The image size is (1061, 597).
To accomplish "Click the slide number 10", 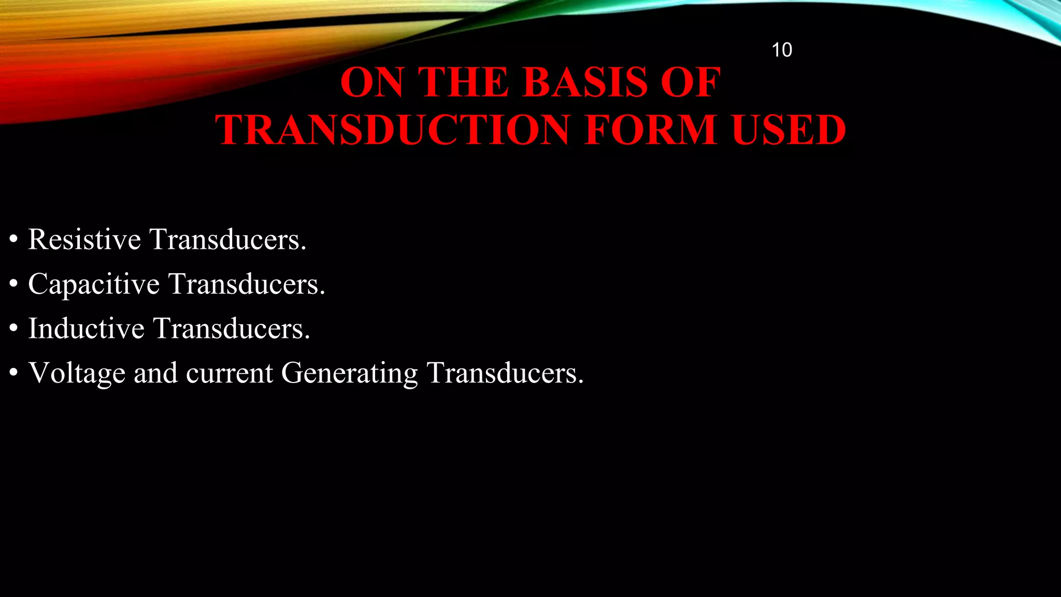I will [x=781, y=50].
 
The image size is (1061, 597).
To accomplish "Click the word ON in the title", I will [x=371, y=82].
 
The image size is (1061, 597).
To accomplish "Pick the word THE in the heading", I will [x=463, y=82].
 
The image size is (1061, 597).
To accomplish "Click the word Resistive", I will [x=84, y=239].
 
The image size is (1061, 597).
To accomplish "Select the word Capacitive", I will [x=94, y=284].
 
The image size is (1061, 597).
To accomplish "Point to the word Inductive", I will [x=86, y=329].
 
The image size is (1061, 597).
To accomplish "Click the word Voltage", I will [x=77, y=373].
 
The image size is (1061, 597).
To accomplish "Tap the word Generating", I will [x=349, y=373].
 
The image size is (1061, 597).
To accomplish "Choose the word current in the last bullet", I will [x=229, y=373].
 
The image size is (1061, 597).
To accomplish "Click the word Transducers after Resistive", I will [x=228, y=239].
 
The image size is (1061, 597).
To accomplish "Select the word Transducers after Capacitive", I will [x=247, y=284].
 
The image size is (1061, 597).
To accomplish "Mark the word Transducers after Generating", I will [x=505, y=373].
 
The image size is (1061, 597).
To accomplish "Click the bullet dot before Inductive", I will [x=13, y=329].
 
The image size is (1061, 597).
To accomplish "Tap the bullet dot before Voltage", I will [x=13, y=373].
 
